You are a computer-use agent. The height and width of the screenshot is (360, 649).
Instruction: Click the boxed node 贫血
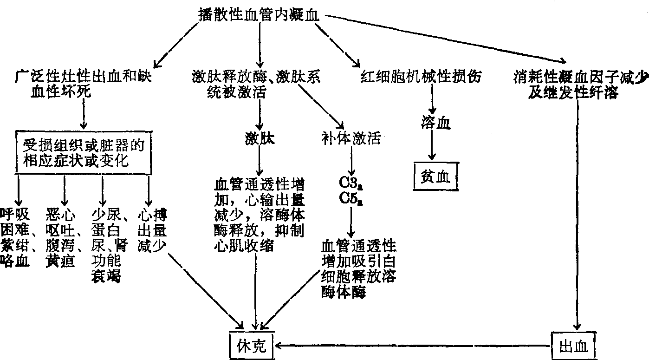435,177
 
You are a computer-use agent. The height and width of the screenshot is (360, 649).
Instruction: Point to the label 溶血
435,124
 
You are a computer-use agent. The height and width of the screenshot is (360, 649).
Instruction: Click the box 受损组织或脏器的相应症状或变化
84,154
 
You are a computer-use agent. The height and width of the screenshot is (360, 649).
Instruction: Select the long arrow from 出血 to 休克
413,346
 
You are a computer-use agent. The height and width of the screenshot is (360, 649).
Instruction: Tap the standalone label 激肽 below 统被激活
259,138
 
